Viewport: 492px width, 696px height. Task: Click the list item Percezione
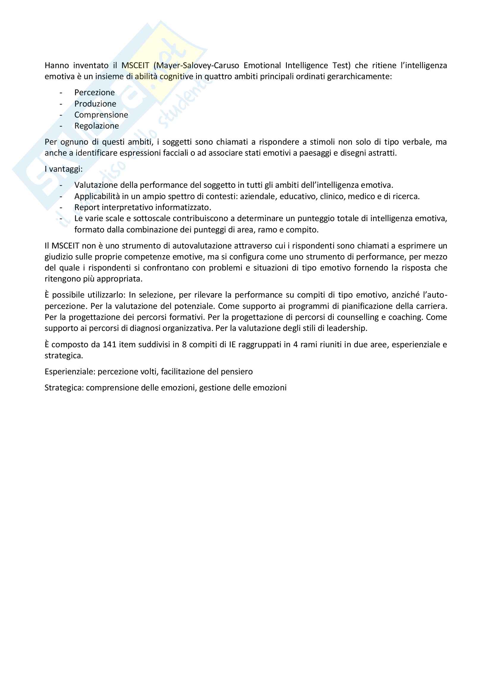coord(95,93)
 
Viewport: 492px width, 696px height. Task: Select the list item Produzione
coord(95,104)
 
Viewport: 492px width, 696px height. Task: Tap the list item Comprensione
coord(101,115)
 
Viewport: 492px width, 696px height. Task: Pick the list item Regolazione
coord(97,126)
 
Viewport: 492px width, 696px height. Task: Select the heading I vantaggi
coord(64,169)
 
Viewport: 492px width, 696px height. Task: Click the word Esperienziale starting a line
coord(70,372)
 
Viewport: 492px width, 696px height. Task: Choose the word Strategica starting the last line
coord(64,388)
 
